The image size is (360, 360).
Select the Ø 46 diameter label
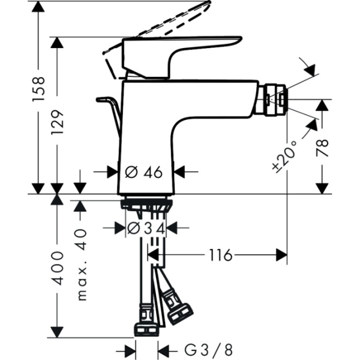144,172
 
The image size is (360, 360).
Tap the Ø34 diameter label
146,228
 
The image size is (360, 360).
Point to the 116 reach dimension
220,255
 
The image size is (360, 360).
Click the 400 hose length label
58,267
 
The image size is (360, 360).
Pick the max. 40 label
81,263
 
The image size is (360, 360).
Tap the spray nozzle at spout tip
275,100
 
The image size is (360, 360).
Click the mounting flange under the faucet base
147,205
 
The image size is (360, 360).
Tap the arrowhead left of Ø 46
113,172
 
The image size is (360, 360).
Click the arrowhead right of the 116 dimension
281,255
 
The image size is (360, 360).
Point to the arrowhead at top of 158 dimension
38,7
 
